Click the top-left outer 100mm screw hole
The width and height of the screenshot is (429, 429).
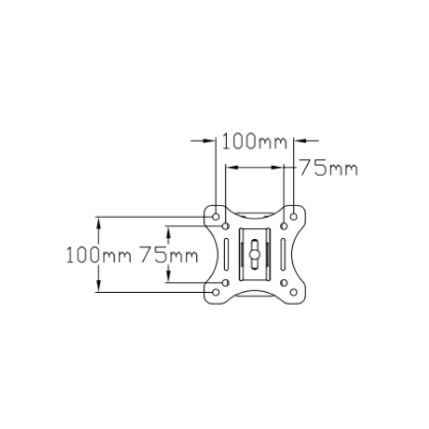(216, 217)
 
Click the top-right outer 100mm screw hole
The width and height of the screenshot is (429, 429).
(293, 217)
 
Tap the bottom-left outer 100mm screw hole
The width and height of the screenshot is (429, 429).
(216, 292)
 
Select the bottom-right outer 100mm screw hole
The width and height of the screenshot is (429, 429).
(293, 292)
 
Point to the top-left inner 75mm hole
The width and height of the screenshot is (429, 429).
(226, 226)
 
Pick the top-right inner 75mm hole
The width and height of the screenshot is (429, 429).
(284, 226)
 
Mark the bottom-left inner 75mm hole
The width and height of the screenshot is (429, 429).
(226, 283)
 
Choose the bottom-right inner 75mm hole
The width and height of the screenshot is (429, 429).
(284, 283)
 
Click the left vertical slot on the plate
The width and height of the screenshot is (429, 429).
(226, 254)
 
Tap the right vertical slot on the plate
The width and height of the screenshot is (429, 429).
(284, 254)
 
